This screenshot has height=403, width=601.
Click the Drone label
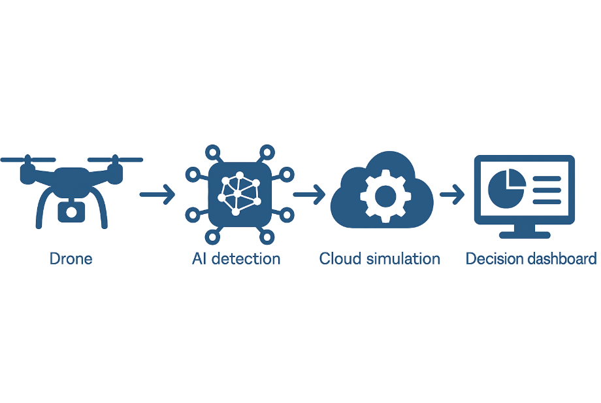tap(71, 258)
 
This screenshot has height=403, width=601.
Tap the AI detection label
tap(236, 258)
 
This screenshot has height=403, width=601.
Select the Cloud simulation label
tap(380, 258)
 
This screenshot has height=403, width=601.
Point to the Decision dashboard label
tap(531, 258)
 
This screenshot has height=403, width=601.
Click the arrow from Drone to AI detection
tap(157, 194)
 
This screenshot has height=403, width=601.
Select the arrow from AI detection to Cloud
tap(309, 194)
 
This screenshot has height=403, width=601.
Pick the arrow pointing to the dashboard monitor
tap(452, 194)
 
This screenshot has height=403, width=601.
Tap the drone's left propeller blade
tap(28, 159)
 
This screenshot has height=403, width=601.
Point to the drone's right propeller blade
tap(116, 159)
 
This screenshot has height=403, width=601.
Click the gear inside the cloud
tap(385, 196)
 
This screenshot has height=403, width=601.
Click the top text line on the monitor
tap(547, 179)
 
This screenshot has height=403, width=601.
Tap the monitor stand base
tap(525, 235)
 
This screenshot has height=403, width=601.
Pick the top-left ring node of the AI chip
tap(213, 152)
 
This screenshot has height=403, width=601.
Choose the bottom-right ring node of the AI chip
tap(267, 237)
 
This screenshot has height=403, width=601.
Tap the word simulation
tap(403, 258)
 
